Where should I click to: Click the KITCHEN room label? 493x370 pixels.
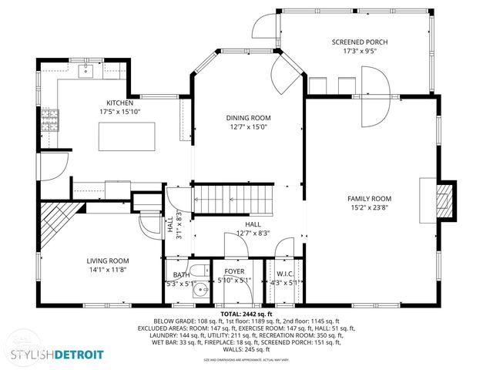tap(120, 103)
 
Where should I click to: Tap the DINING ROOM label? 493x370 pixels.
tap(248, 118)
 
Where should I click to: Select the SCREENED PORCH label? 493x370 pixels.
tap(358, 42)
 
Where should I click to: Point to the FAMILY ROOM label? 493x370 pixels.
tap(369, 198)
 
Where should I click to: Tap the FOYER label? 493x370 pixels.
tap(234, 273)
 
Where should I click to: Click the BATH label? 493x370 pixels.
tap(181, 274)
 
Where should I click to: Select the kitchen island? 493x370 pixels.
tap(126, 137)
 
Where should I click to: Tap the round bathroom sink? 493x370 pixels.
tap(200, 291)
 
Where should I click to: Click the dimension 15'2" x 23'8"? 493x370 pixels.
tap(369, 207)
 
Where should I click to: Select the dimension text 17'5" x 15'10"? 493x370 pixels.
tap(120, 111)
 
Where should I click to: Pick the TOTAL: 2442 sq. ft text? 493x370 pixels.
tap(246, 314)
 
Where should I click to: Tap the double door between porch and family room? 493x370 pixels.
tap(374, 96)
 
